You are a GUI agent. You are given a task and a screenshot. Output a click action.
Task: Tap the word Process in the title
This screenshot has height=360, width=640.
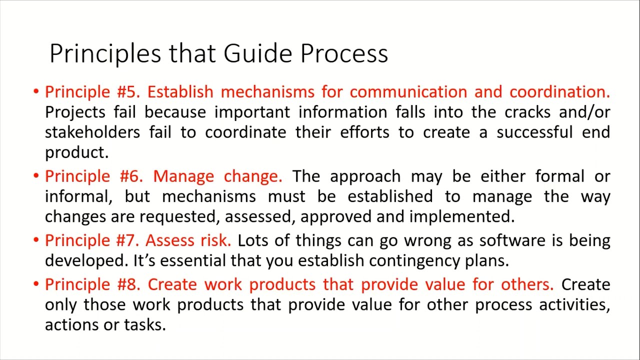coord(344,53)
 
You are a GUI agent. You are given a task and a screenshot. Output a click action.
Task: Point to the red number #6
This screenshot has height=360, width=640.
coord(131,176)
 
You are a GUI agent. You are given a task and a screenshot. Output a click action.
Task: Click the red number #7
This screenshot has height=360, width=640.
coord(127,240)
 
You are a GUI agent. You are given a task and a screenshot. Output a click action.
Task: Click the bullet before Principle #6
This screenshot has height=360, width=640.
coord(36,176)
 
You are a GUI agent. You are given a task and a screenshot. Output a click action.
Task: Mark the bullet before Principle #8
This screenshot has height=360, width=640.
coord(36,284)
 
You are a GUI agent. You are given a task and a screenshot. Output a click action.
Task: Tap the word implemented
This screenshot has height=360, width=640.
coord(461,217)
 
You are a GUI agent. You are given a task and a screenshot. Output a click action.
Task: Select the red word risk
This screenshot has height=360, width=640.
coord(215,240)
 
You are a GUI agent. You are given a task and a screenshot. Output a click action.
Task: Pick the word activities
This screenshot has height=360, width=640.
coord(574,304)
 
